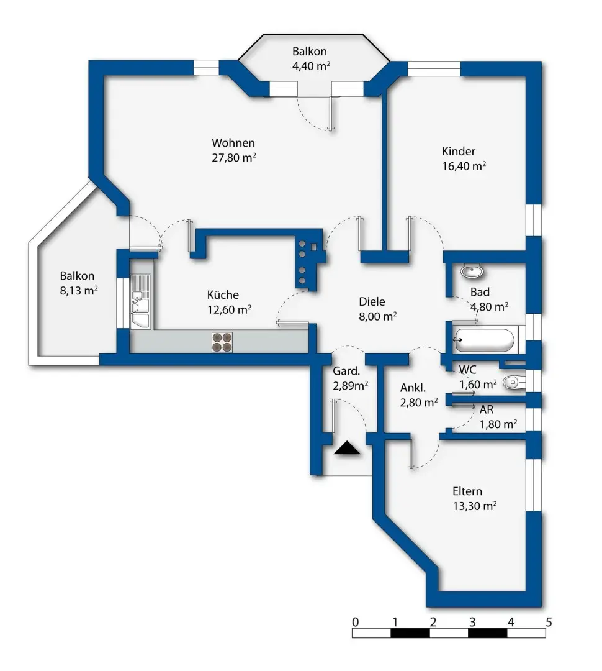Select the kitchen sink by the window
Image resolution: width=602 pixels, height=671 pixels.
pos(141,302)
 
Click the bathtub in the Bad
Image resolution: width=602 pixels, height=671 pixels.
pos(483,340)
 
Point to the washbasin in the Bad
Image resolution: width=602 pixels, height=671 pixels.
pos(473,272)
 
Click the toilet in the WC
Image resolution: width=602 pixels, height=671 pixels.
pos(512,382)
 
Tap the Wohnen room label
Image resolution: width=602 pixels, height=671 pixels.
pos(233,143)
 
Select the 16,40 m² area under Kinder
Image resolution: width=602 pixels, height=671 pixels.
pos(464,166)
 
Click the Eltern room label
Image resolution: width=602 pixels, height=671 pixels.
pos(467,491)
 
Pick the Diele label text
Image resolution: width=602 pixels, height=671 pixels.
pos(372,302)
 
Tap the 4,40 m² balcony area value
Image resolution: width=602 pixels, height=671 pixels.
pos(311,66)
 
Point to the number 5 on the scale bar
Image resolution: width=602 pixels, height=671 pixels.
pos(548,621)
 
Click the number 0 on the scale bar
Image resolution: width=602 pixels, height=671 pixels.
pos(354,621)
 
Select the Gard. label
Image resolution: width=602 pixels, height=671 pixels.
pos(346,372)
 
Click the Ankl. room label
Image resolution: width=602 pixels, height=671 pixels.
pos(413,388)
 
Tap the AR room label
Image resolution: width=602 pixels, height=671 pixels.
pos(487,410)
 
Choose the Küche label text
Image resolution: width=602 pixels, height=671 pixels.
pos(223,295)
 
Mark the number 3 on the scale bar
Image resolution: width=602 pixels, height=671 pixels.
pos(472,621)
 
